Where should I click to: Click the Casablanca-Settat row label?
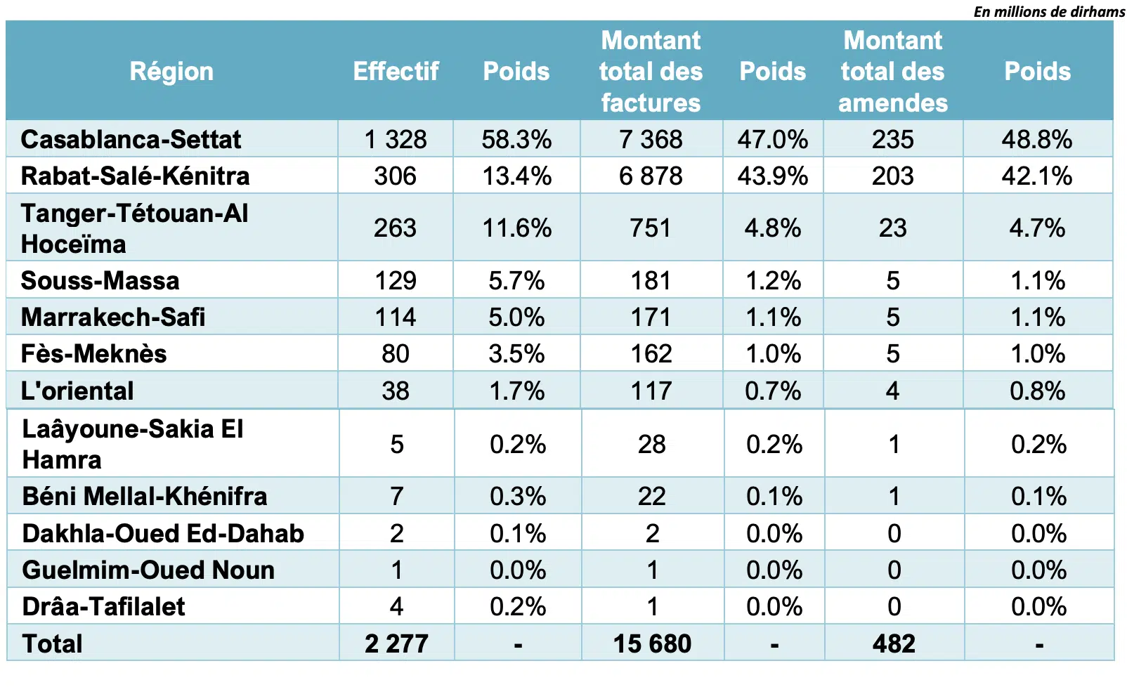point(131,139)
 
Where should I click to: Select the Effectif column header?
point(396,71)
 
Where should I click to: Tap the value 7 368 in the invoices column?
point(651,139)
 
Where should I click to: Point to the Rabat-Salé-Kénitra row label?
point(135,176)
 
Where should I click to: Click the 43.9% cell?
point(772,176)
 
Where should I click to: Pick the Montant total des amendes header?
point(892,71)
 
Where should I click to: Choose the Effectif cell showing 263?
point(395,228)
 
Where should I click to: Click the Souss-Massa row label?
point(100,280)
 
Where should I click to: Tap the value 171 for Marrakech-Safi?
point(651,317)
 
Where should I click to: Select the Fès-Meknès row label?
point(93,353)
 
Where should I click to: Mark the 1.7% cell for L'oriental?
point(516,391)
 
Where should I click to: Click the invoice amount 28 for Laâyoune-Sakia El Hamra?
point(651,444)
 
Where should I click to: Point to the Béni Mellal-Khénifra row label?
point(145,496)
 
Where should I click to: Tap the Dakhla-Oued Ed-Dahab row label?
point(163,533)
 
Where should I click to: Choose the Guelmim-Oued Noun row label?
point(148,570)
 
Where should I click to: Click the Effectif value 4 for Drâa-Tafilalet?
point(396,606)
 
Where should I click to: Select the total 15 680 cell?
point(652,643)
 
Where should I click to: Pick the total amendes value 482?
point(894,643)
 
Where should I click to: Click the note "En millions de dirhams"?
point(1049,11)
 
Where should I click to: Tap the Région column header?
point(171,71)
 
